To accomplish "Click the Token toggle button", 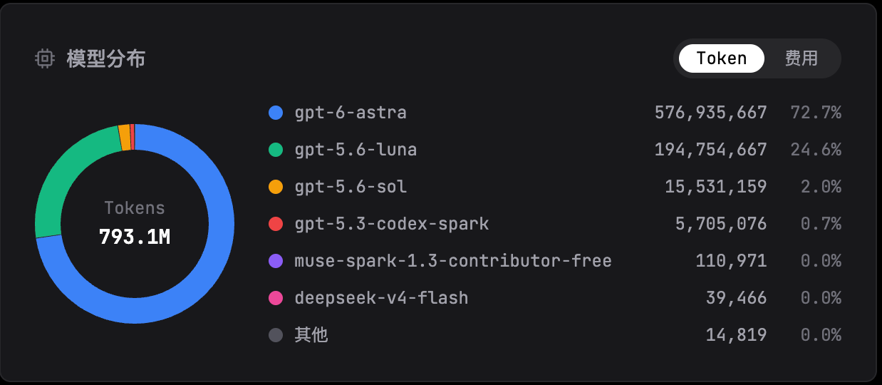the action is [x=722, y=58].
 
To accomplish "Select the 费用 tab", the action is [x=801, y=58].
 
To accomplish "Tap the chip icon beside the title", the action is [x=45, y=58].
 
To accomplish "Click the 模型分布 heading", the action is [x=106, y=58].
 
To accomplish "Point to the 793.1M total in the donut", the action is [x=135, y=237].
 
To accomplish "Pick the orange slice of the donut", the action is [x=125, y=137].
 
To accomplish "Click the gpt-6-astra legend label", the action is [x=351, y=113].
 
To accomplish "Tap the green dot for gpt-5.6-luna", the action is [x=276, y=150].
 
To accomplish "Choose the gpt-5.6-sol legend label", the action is [x=351, y=187].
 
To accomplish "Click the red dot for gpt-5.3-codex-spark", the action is [x=276, y=224].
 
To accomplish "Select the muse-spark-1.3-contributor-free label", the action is [x=453, y=261].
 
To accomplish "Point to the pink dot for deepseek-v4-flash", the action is [x=276, y=298].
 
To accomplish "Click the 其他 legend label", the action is [x=311, y=335].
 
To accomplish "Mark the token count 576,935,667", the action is [x=711, y=113].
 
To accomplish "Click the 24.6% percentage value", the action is [x=816, y=150].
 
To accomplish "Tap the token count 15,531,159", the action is [x=716, y=187].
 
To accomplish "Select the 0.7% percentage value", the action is [x=821, y=224].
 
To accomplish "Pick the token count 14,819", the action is [x=737, y=335].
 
